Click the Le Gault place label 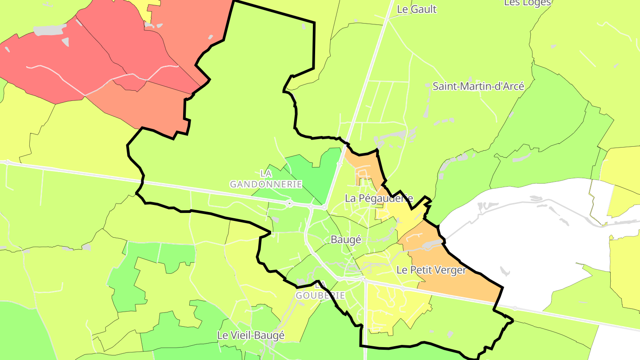click(416, 9)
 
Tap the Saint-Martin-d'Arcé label click(478, 86)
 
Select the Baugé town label click(346, 240)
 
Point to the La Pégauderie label click(379, 199)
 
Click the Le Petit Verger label click(431, 270)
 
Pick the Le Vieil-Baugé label click(251, 336)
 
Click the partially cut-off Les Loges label click(527, 3)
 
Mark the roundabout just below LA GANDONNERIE click(289, 204)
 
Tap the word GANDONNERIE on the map click(266, 184)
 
